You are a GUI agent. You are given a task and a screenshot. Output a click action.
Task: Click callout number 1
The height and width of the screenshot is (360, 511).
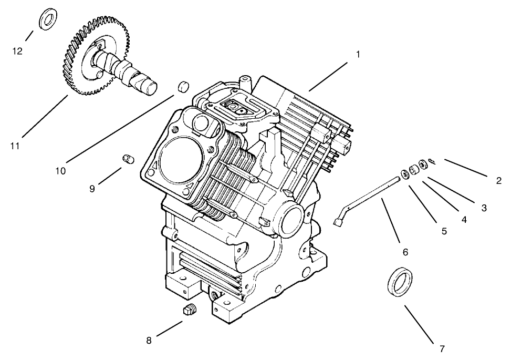(x=358, y=55)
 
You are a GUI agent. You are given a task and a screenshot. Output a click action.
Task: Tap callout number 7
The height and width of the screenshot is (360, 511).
(x=442, y=348)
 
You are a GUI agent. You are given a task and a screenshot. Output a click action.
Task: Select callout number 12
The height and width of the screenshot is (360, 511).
(x=18, y=51)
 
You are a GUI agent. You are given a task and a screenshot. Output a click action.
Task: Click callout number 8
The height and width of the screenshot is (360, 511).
(x=149, y=341)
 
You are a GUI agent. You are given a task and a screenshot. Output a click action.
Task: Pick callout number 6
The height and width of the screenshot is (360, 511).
(x=405, y=252)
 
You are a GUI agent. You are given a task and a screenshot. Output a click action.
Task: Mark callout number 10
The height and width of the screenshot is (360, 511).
(x=61, y=170)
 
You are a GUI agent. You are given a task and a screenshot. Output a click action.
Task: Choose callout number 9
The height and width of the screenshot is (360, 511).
(x=92, y=189)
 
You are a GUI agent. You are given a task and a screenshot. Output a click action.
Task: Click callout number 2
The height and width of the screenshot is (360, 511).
(x=498, y=181)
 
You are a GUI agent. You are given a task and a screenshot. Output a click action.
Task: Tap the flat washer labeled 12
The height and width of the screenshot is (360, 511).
(x=48, y=19)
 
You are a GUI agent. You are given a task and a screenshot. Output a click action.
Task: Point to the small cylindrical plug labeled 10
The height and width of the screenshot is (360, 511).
(x=183, y=87)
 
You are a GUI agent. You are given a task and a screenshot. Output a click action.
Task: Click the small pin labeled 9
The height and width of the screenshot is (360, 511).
(x=127, y=158)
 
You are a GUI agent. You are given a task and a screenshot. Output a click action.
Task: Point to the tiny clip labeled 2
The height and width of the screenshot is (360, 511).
(x=431, y=161)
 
